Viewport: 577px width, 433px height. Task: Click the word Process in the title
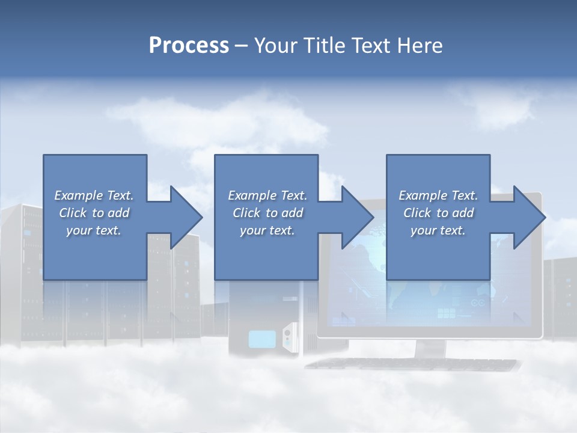click(x=189, y=45)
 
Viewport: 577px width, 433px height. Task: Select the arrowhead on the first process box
click(x=186, y=217)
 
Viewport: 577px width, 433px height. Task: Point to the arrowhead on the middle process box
click(x=358, y=217)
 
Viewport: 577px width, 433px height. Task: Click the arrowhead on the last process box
click(x=529, y=217)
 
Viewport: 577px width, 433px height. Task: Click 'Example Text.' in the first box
click(x=94, y=195)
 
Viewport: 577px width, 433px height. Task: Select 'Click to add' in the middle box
click(x=267, y=213)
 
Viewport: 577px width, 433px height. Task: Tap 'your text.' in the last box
click(x=438, y=230)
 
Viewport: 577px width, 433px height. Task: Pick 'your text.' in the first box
click(x=94, y=230)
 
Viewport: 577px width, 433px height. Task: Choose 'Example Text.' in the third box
click(x=438, y=195)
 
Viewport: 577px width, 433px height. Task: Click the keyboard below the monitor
click(x=412, y=364)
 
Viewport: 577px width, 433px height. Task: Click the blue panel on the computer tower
click(x=262, y=339)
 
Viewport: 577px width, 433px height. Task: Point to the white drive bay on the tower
click(x=290, y=334)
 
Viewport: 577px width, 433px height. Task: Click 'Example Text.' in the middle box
click(x=267, y=195)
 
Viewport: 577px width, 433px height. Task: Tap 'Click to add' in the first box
click(x=94, y=213)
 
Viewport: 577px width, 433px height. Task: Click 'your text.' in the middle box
click(x=267, y=230)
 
